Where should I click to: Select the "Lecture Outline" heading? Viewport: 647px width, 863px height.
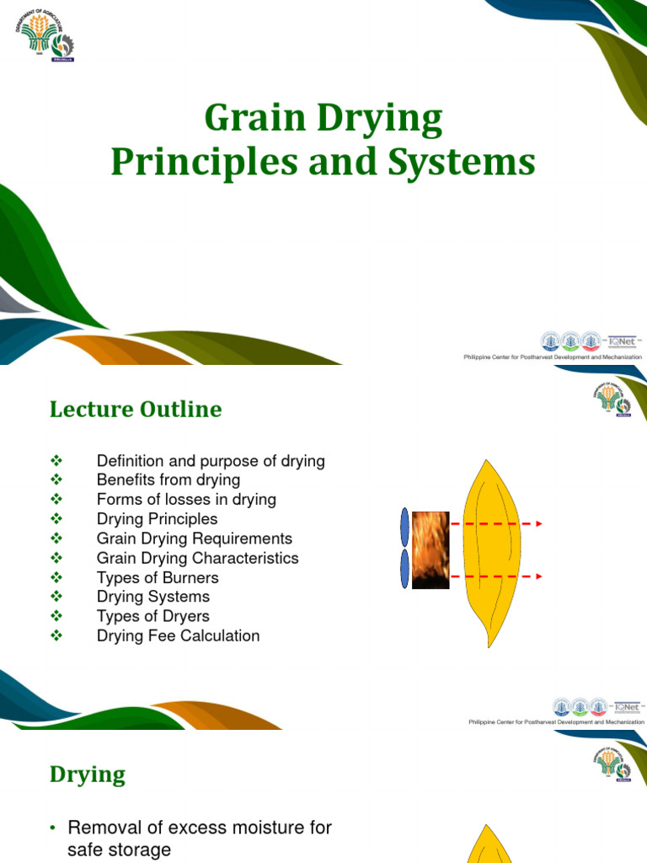click(136, 410)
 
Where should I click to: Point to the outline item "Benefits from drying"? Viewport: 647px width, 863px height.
click(168, 480)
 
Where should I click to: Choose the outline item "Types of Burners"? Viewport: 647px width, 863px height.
click(158, 577)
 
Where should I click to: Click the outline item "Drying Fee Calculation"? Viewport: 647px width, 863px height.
click(178, 635)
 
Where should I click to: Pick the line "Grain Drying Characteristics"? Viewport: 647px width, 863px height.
click(197, 558)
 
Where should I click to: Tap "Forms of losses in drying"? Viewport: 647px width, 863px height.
click(186, 499)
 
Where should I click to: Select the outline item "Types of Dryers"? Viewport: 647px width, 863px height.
click(152, 616)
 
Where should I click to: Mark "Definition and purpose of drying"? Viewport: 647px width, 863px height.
click(211, 461)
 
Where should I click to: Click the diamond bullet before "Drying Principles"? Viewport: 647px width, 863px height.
click(57, 519)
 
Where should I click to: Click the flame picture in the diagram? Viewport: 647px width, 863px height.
click(430, 549)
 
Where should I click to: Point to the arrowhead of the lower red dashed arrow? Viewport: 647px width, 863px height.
click(537, 576)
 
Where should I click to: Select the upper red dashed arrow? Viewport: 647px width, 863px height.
click(493, 524)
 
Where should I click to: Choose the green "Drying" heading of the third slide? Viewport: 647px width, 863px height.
click(88, 775)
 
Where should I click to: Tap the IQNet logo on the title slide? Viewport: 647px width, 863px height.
click(624, 342)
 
